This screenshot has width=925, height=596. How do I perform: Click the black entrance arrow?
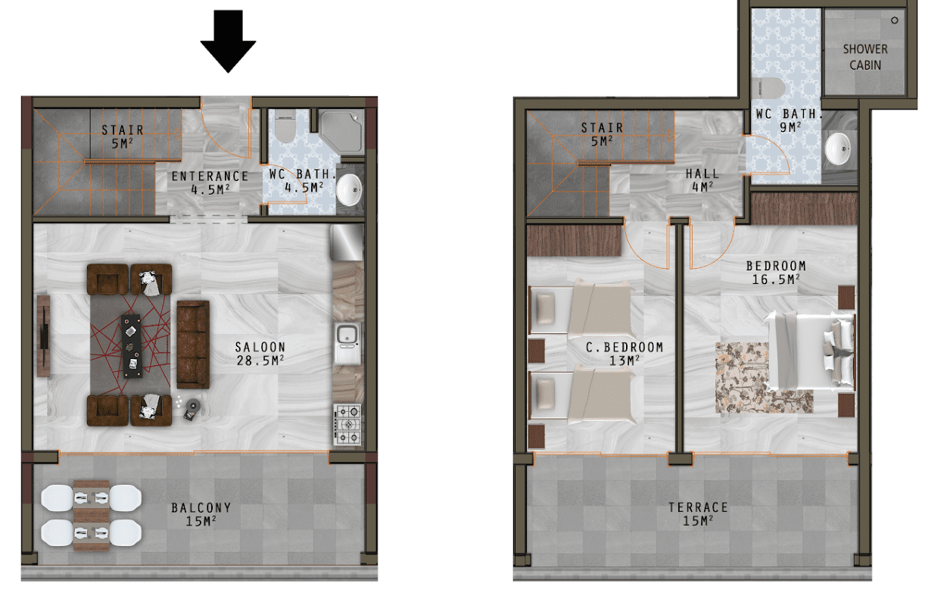[x=229, y=42]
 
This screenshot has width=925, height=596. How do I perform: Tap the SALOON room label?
[x=260, y=347]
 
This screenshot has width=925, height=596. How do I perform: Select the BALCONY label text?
[x=201, y=507]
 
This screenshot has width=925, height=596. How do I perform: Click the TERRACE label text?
[x=698, y=507]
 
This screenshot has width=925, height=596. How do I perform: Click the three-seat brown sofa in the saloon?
[x=193, y=345]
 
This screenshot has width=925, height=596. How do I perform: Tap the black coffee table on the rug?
[x=132, y=346]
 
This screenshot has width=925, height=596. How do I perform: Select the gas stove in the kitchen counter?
[x=347, y=425]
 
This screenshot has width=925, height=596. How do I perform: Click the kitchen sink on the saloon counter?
[x=347, y=344]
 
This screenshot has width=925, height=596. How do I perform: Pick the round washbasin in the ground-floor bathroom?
[x=348, y=189]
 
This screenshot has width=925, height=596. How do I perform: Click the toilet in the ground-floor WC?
[x=285, y=125]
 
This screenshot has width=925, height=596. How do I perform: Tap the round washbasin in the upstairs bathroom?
[x=837, y=148]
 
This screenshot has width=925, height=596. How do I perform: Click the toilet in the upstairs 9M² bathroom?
[x=768, y=89]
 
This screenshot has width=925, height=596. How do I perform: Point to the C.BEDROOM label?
[x=624, y=348]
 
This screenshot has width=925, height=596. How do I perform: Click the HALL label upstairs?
[x=702, y=173]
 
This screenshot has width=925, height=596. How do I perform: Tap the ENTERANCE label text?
[x=210, y=176]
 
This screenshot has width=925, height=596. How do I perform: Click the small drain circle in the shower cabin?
[x=895, y=20]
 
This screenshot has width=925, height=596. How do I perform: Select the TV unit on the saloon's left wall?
[x=43, y=335]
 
